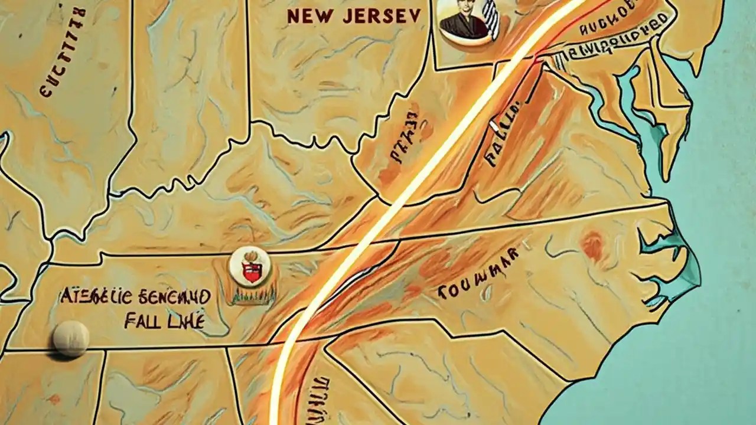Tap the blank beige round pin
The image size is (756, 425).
tap(70, 339)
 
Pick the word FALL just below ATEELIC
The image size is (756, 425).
tap(141, 322)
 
